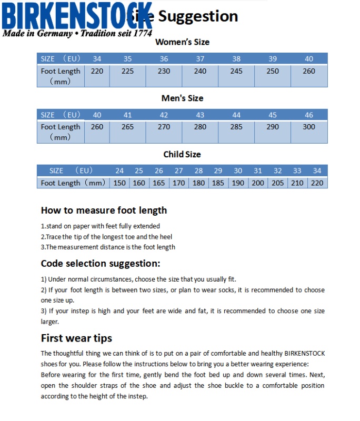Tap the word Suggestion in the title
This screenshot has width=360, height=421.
pyautogui.click(x=198, y=16)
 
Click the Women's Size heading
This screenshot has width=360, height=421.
pyautogui.click(x=182, y=42)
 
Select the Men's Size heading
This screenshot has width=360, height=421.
pyautogui.click(x=182, y=98)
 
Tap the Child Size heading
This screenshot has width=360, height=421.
pyautogui.click(x=182, y=155)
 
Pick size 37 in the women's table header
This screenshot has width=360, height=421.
pyautogui.click(x=200, y=59)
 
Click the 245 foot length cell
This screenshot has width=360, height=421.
pyautogui.click(x=236, y=71)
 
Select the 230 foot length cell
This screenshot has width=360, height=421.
pyautogui.click(x=164, y=71)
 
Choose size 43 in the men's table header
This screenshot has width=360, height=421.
pyautogui.click(x=200, y=115)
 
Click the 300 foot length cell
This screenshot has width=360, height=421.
pyautogui.click(x=309, y=127)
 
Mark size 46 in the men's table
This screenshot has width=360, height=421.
pyautogui.click(x=309, y=115)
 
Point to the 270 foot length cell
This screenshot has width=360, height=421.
pyautogui.click(x=164, y=127)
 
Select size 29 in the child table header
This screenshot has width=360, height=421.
pyautogui.click(x=218, y=171)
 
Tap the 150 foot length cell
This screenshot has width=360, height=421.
pyautogui.click(x=119, y=183)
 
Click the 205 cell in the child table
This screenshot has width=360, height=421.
pyautogui.click(x=278, y=183)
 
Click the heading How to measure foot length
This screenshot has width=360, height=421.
pyautogui.click(x=104, y=210)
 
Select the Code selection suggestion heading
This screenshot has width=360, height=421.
pyautogui.click(x=101, y=263)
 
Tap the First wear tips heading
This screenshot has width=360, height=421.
pyautogui.click(x=76, y=338)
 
